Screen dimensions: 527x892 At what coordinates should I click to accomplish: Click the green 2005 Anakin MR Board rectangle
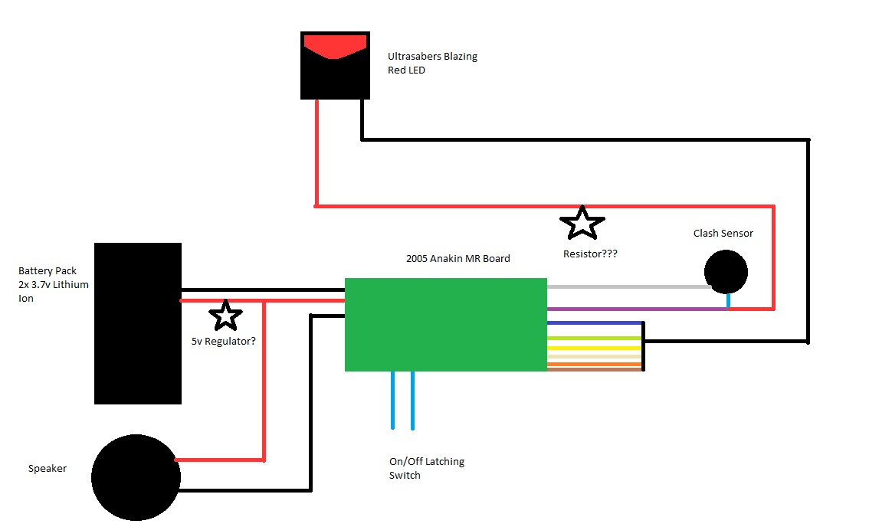(445, 324)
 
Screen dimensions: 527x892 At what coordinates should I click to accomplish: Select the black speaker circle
(136, 477)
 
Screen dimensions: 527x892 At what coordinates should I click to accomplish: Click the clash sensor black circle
(725, 271)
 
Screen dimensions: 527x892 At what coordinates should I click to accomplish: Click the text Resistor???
(590, 253)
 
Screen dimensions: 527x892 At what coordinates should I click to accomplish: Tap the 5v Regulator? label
(224, 342)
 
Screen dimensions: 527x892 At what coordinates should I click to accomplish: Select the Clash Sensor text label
(723, 233)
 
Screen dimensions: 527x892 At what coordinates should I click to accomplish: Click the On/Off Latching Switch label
(426, 468)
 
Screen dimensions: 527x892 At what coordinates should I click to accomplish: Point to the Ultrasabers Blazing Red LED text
(432, 64)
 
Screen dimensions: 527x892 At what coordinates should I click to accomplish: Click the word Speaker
(48, 468)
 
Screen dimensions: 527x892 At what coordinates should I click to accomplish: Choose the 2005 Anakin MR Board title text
(457, 258)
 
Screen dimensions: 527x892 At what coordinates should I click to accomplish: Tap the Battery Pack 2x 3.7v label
(54, 285)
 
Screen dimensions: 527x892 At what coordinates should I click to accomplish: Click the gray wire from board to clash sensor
(628, 287)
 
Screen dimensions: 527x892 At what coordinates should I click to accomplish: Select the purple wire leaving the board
(636, 309)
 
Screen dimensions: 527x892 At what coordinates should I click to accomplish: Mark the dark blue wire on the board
(594, 323)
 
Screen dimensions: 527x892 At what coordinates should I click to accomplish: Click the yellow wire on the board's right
(594, 348)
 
